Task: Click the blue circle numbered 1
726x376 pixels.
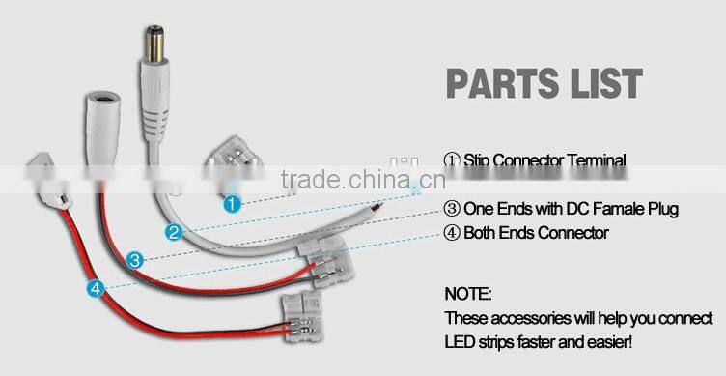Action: [231, 204]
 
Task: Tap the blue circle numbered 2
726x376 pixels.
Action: [173, 232]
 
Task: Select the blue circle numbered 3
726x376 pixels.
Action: [135, 259]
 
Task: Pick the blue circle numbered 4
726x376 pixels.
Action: [94, 288]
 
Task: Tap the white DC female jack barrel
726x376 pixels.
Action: [100, 122]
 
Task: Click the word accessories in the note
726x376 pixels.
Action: [521, 317]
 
